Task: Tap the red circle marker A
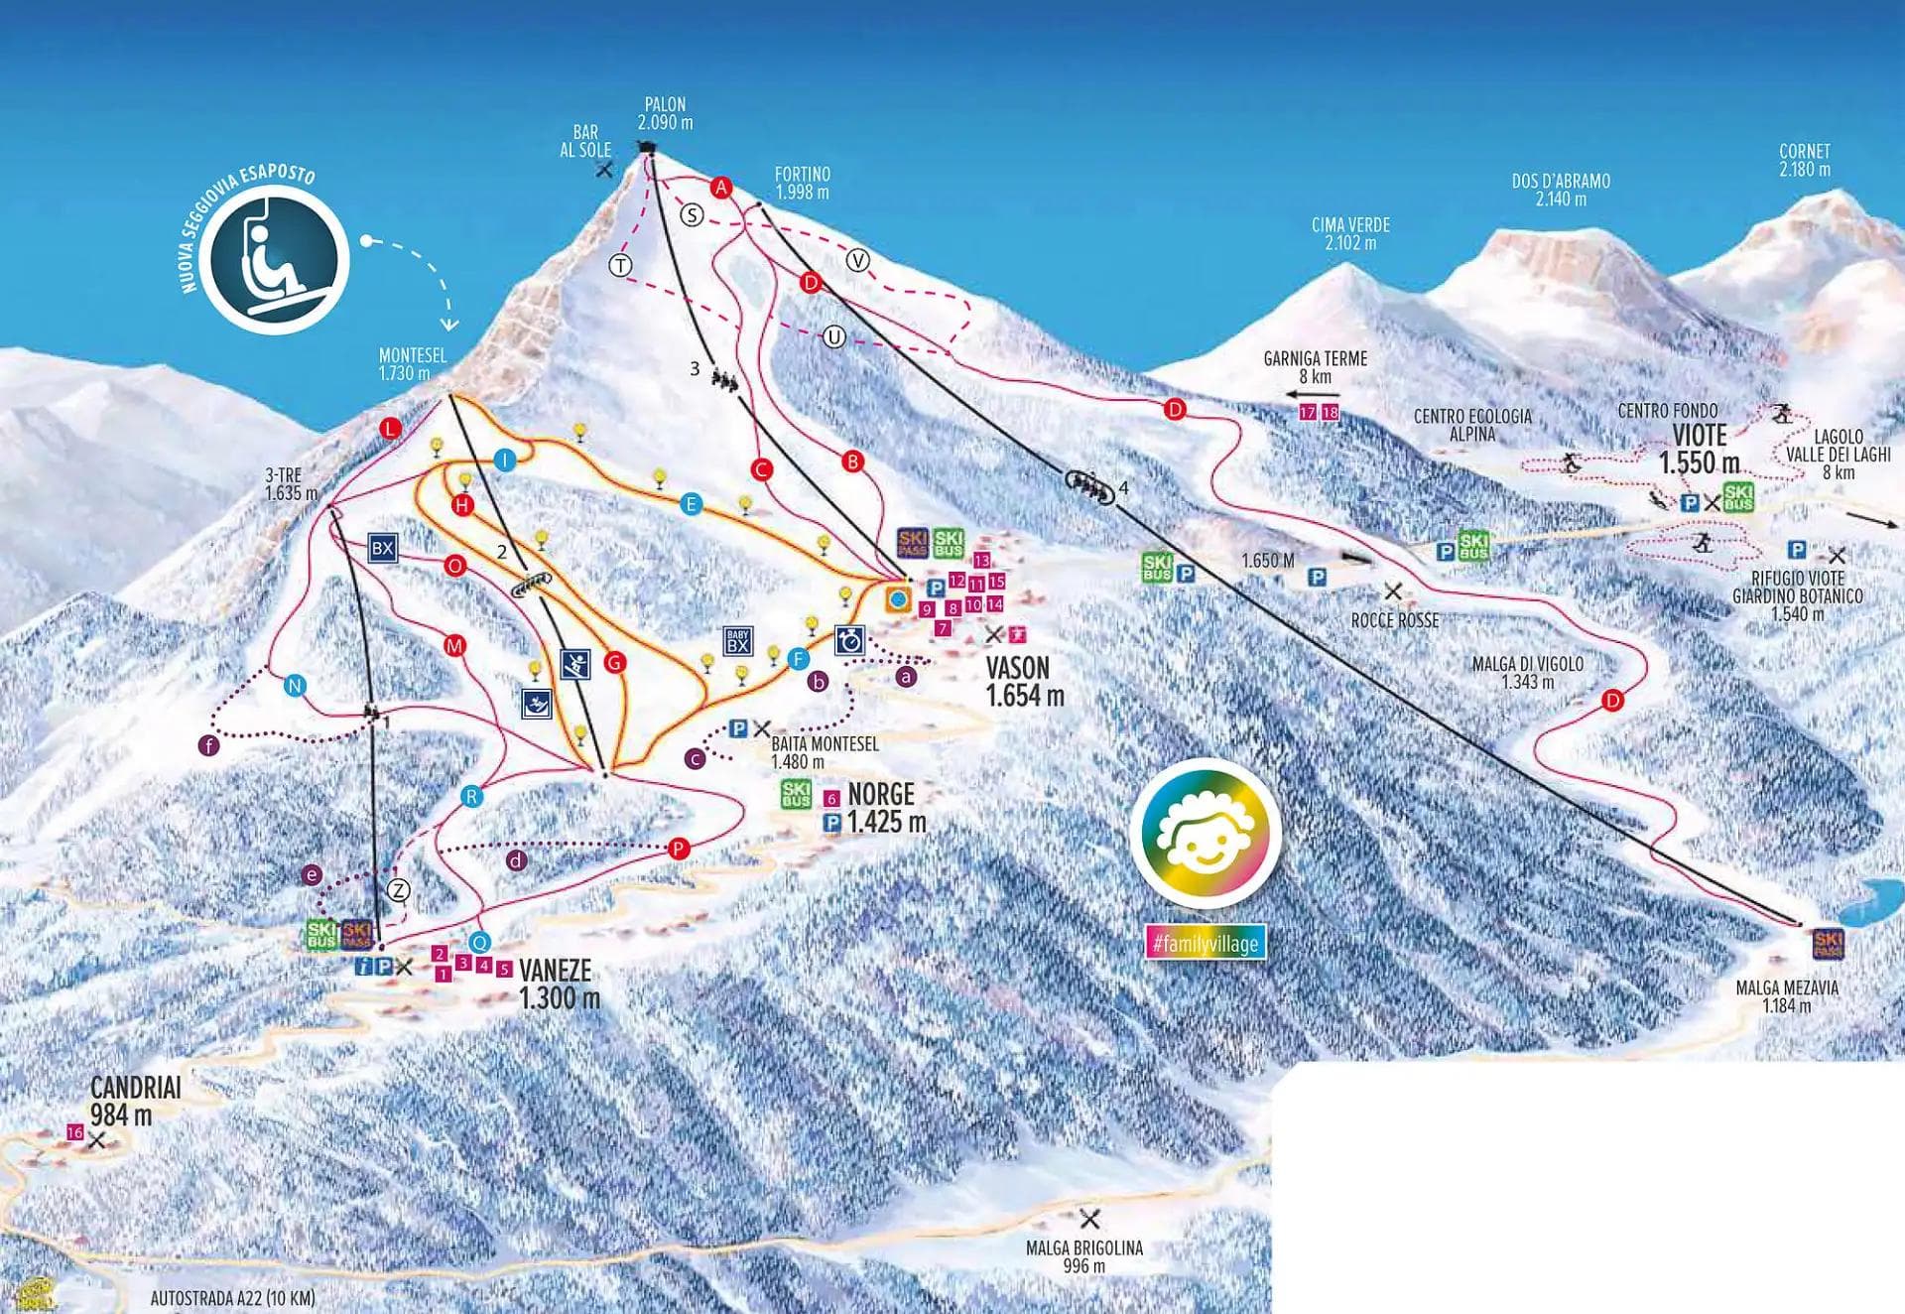[721, 187]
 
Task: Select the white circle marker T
[621, 265]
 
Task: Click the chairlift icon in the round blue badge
[272, 260]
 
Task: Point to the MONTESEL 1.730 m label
[412, 364]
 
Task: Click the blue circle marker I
[505, 460]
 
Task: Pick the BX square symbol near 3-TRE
[382, 548]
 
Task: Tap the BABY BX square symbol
[737, 641]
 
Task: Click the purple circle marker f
[208, 745]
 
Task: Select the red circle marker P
[679, 849]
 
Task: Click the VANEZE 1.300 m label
[559, 983]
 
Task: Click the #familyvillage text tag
[1206, 943]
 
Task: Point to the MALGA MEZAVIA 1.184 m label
[1786, 995]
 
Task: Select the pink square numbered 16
[75, 1132]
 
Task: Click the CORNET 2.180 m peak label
[1804, 160]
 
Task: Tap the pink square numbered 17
[1307, 412]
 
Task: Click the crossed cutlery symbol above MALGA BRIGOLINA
[1089, 1218]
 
